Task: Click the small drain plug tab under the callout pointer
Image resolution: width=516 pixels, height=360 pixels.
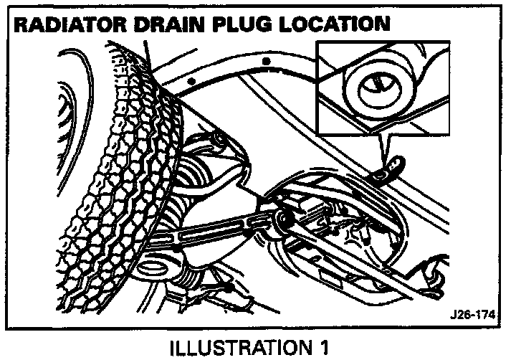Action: [x=391, y=171]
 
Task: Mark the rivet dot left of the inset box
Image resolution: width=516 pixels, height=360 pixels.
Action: [x=267, y=62]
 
